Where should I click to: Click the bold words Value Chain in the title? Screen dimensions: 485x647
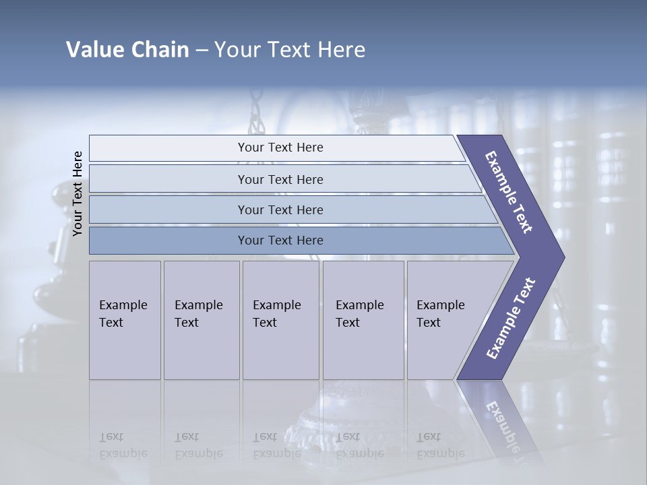coord(127,50)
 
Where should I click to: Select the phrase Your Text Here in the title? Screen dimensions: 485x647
coord(290,50)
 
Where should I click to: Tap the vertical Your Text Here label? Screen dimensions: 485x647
coord(78,193)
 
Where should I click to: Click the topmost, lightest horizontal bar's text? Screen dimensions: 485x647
coord(280,148)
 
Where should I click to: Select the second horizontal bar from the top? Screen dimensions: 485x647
coord(280,179)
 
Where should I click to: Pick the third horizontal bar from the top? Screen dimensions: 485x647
coord(280,209)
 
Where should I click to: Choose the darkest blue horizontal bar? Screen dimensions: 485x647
coord(280,240)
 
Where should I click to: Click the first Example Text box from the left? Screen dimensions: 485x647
coord(125,320)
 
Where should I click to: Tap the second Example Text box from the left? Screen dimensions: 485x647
coord(201,320)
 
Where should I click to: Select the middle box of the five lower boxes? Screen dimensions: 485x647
coord(280,320)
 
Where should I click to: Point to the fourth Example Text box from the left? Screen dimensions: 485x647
coord(363,320)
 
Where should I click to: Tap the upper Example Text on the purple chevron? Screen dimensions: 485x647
coord(509,192)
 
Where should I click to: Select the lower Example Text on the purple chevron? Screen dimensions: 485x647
coord(510,319)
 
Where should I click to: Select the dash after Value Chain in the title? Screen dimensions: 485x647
coord(202,51)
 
